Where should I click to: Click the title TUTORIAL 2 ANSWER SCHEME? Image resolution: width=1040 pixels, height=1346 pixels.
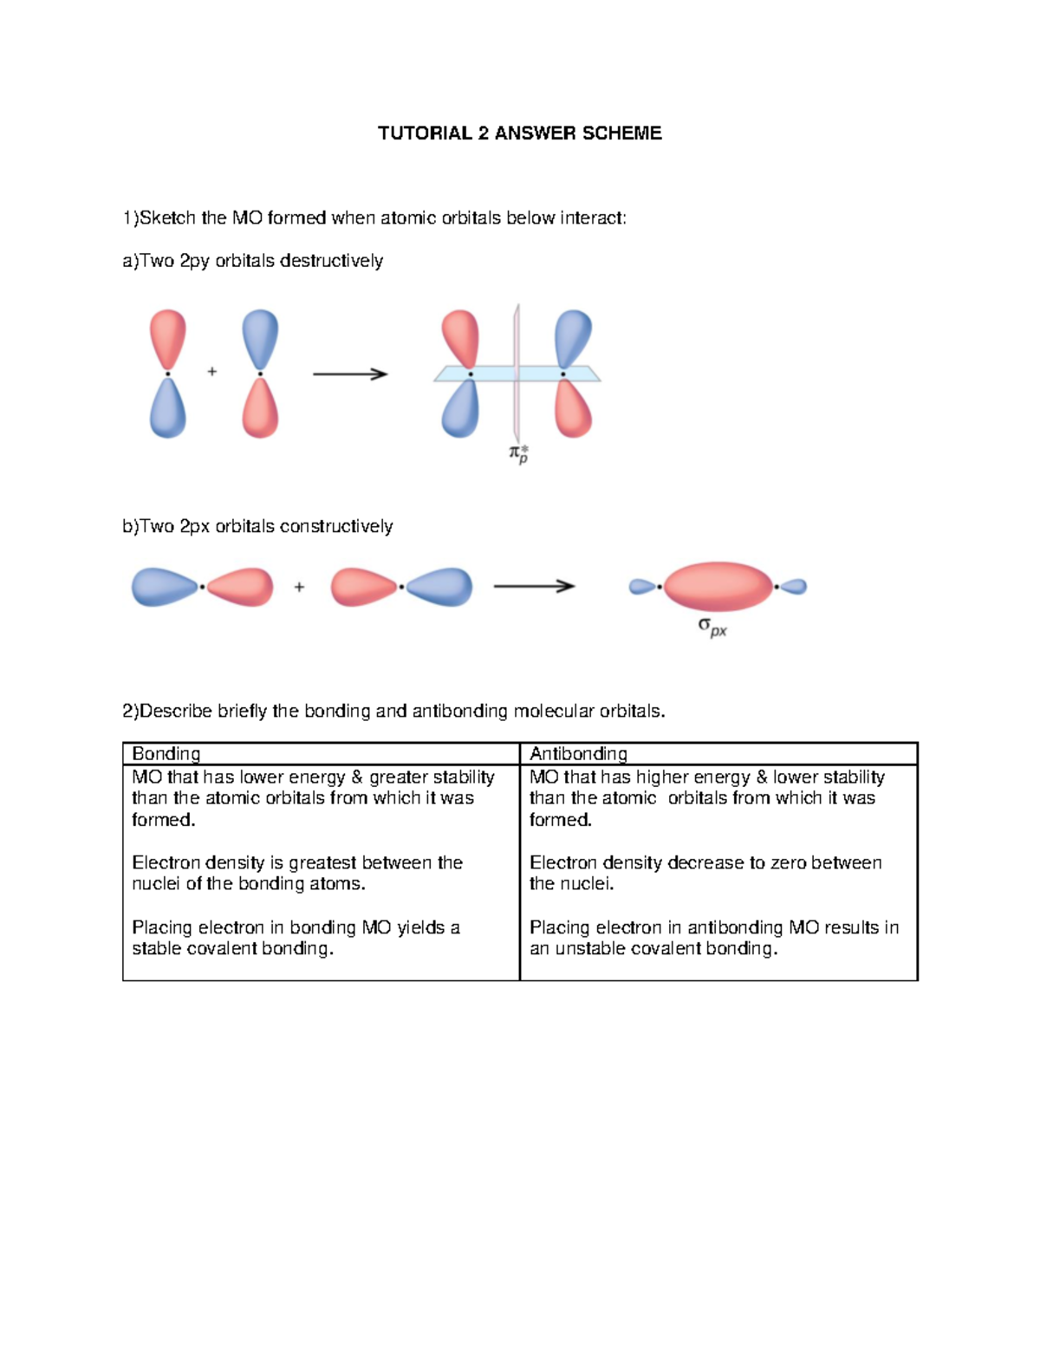pos(519,133)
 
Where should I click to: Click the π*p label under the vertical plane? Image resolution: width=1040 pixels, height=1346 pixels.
pos(518,453)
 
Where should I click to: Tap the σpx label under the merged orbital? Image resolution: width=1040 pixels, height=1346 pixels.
pos(712,627)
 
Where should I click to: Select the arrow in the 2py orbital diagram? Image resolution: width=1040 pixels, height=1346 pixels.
pos(349,374)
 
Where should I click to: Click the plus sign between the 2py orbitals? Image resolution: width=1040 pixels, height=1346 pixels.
pos(212,372)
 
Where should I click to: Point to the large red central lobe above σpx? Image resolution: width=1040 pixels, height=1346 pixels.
pos(718,586)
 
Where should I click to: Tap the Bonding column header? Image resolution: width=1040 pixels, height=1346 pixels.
pos(166,754)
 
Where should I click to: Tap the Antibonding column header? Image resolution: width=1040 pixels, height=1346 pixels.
pos(578,754)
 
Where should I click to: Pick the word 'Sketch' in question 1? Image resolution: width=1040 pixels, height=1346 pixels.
pos(167,218)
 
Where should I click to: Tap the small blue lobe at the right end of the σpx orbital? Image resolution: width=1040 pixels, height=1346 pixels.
pos(793,587)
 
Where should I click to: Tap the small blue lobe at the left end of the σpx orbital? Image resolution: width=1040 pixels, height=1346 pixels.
pos(642,587)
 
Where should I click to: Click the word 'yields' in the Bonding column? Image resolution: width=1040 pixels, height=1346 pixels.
pos(421,927)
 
